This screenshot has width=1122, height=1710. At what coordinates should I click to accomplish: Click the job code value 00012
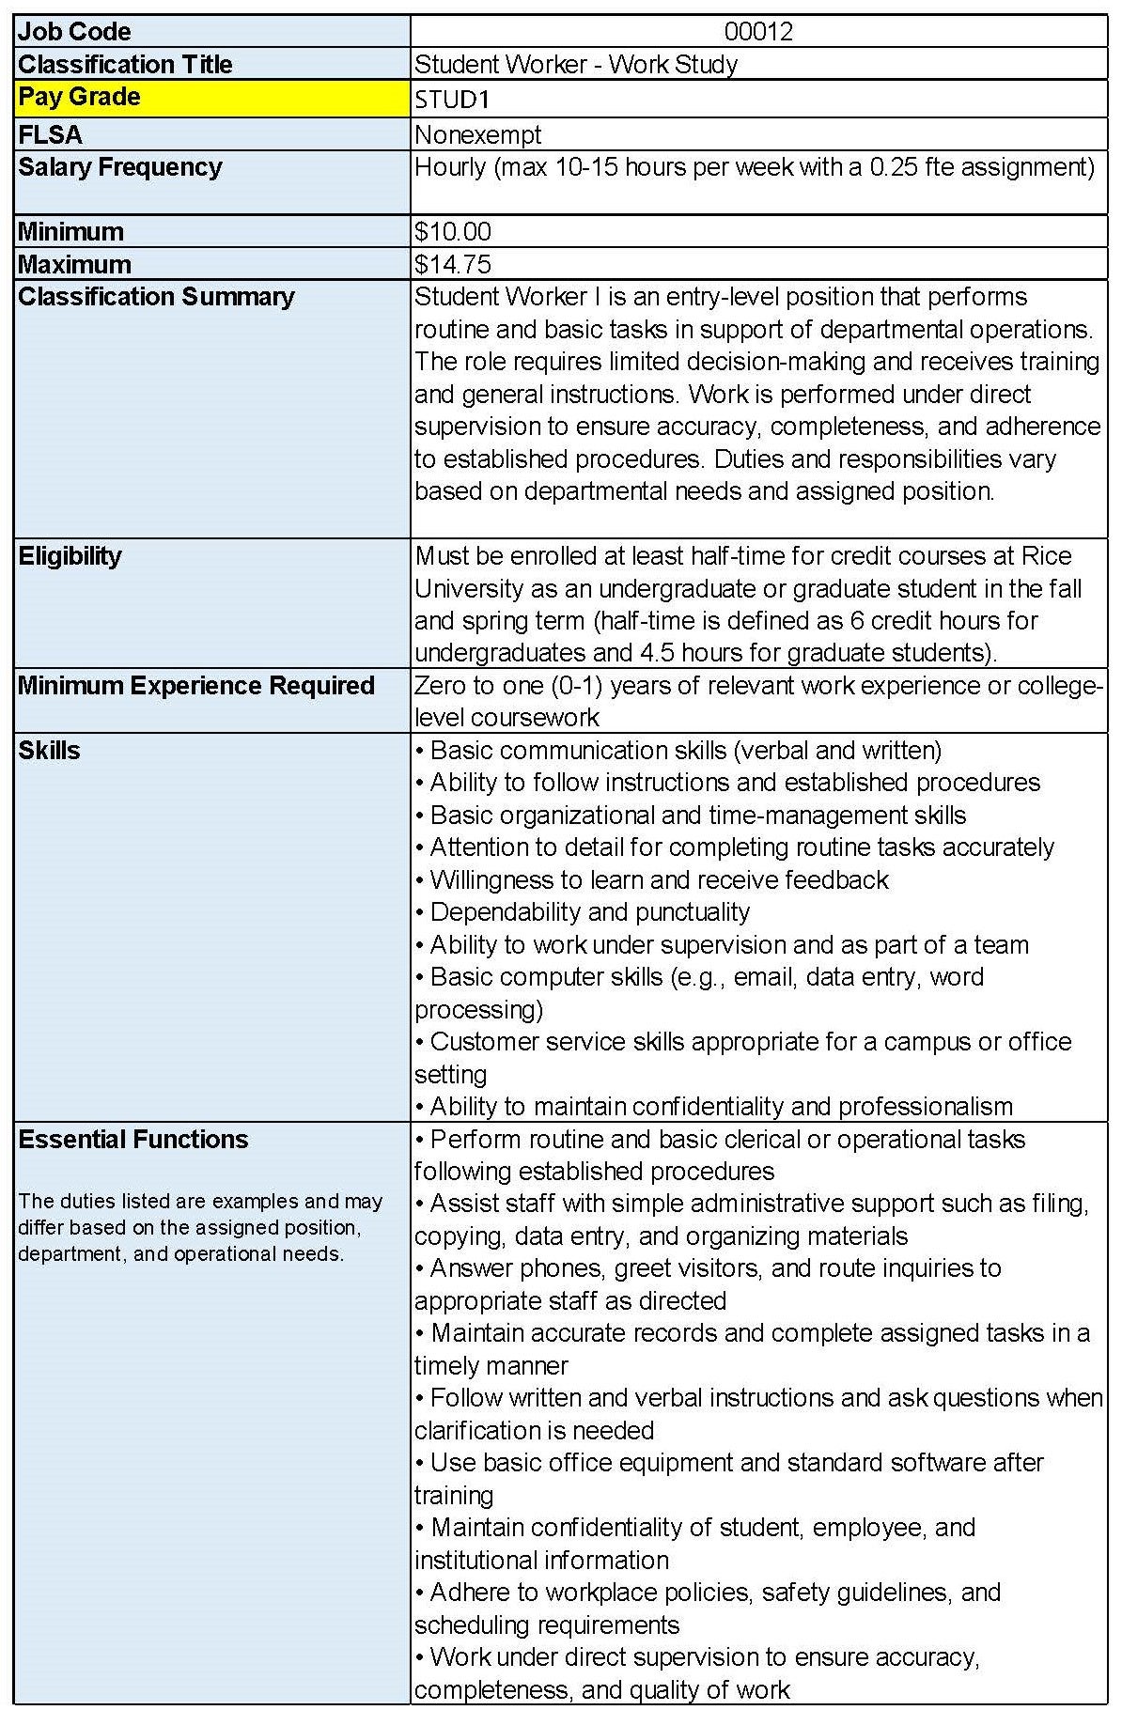point(758,32)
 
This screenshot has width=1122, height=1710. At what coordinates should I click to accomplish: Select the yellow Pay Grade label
point(80,97)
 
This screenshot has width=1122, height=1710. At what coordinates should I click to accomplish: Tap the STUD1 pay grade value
point(453,100)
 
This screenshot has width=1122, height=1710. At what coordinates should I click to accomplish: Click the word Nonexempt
point(478,135)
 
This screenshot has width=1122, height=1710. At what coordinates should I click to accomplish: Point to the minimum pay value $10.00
point(453,232)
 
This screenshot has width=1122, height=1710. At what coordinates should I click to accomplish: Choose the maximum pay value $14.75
point(453,265)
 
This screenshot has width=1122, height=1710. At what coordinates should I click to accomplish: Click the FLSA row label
point(51,135)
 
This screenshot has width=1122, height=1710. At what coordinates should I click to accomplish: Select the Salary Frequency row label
point(120,167)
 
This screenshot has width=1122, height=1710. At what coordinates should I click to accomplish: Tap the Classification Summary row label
point(156,297)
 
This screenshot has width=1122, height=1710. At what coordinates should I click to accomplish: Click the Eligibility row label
point(70,556)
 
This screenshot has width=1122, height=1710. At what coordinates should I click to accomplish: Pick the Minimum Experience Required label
point(196,686)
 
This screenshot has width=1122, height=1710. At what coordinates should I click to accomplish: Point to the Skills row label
point(50,751)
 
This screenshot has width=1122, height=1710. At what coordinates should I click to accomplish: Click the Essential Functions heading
point(133,1140)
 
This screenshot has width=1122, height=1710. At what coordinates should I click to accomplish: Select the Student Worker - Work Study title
point(576,65)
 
